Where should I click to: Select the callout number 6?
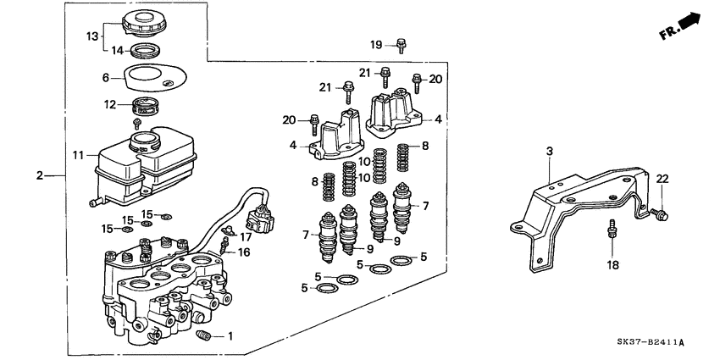pyautogui.click(x=107, y=77)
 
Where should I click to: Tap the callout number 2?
pyautogui.click(x=39, y=175)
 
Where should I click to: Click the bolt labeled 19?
pyautogui.click(x=402, y=45)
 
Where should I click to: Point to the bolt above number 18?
pyautogui.click(x=610, y=229)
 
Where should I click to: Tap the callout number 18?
pyautogui.click(x=612, y=264)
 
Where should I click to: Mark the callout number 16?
pyautogui.click(x=243, y=252)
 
